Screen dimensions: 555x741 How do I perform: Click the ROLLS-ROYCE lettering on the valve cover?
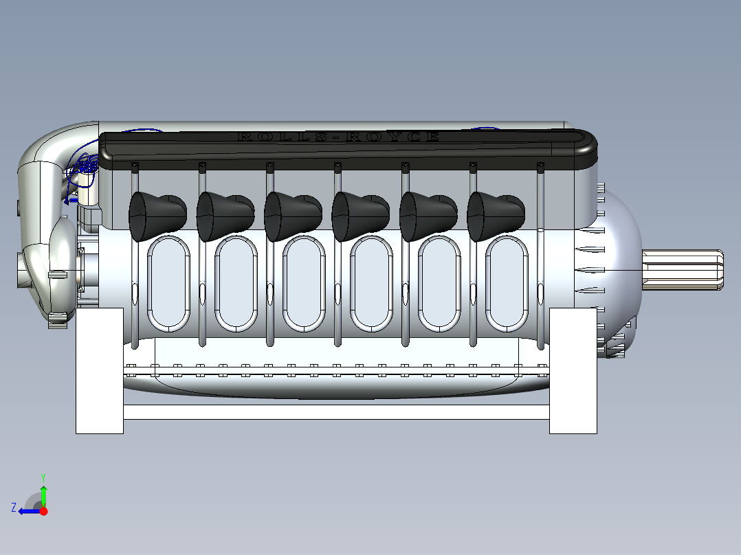coord(338,137)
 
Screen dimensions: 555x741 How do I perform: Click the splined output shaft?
coord(683,270)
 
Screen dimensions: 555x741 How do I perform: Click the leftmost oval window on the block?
coord(169,282)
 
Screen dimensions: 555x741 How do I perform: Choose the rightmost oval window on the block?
coord(507,282)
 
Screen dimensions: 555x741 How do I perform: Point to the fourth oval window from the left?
coord(372,282)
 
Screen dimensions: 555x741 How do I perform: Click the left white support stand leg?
coord(99,371)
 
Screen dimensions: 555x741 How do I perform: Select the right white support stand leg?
coord(573,371)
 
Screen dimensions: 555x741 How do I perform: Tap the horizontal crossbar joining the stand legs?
coord(336,412)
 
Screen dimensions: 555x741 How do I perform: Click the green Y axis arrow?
coord(43,493)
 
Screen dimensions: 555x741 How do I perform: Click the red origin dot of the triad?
coord(43,511)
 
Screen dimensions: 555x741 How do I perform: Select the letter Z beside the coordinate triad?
coord(14,508)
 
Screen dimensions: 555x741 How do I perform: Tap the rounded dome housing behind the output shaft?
coord(619,268)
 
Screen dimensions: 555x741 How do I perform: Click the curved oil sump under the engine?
coord(336,388)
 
